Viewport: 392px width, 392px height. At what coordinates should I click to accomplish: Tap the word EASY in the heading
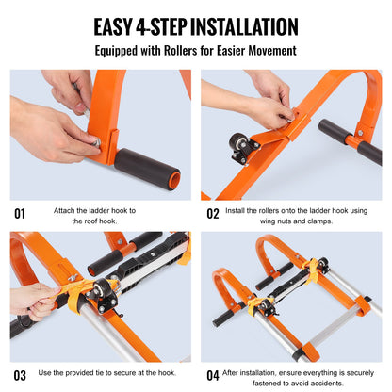(111, 26)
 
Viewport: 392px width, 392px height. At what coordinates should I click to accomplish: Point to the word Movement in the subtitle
(269, 51)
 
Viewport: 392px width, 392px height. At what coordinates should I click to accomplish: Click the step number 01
(20, 214)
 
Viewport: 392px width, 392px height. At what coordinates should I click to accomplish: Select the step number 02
(212, 214)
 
